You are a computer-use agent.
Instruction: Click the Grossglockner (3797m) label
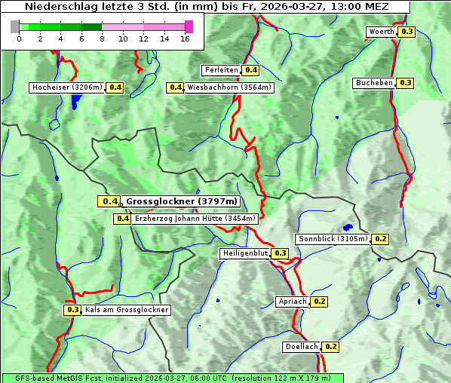(x=181, y=201)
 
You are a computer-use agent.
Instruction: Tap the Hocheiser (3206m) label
(x=66, y=87)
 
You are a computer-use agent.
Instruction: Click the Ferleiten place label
(x=220, y=70)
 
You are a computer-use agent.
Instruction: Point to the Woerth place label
(x=381, y=32)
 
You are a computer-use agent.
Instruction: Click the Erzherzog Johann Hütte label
(x=195, y=219)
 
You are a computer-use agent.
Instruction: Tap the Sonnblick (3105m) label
(x=333, y=239)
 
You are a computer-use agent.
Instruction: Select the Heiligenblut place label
(x=244, y=253)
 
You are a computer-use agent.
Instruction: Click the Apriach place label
(x=293, y=302)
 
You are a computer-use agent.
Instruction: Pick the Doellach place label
(x=302, y=347)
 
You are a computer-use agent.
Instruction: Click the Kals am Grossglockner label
(x=126, y=310)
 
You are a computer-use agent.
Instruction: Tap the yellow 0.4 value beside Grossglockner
(x=110, y=201)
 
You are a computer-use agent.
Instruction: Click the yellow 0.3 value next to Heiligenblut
(x=281, y=253)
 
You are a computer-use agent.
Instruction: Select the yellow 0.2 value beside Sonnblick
(x=381, y=239)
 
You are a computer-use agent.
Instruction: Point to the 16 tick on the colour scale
(x=184, y=39)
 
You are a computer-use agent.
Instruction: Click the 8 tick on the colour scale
(x=102, y=39)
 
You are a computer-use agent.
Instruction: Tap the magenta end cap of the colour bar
(x=189, y=26)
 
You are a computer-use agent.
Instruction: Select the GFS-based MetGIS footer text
(x=172, y=378)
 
